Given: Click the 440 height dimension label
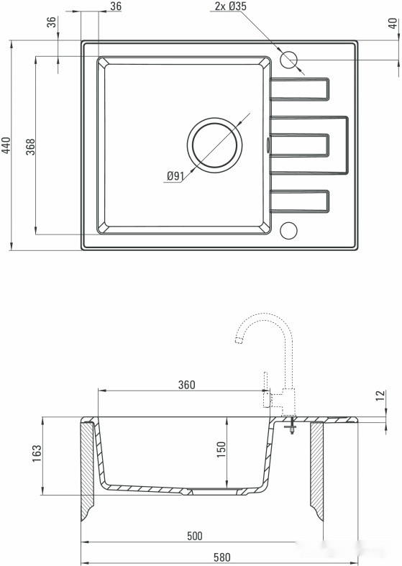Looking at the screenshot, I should point(6,146).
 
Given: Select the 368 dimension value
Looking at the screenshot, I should point(30,146).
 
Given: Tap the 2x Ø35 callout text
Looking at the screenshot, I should point(231,6).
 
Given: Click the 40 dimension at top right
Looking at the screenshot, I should point(392,23).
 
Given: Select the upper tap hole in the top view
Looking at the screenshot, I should point(289,60).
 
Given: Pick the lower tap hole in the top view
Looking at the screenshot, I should point(288,230).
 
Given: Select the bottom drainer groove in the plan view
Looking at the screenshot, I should point(301,201).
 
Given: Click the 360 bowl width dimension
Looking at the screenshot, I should point(186,385).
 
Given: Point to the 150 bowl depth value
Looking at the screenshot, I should point(221,449).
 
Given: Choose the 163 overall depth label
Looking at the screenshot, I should point(37,455).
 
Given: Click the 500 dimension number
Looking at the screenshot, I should point(194,536).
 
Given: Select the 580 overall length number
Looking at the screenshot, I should point(221,557).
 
